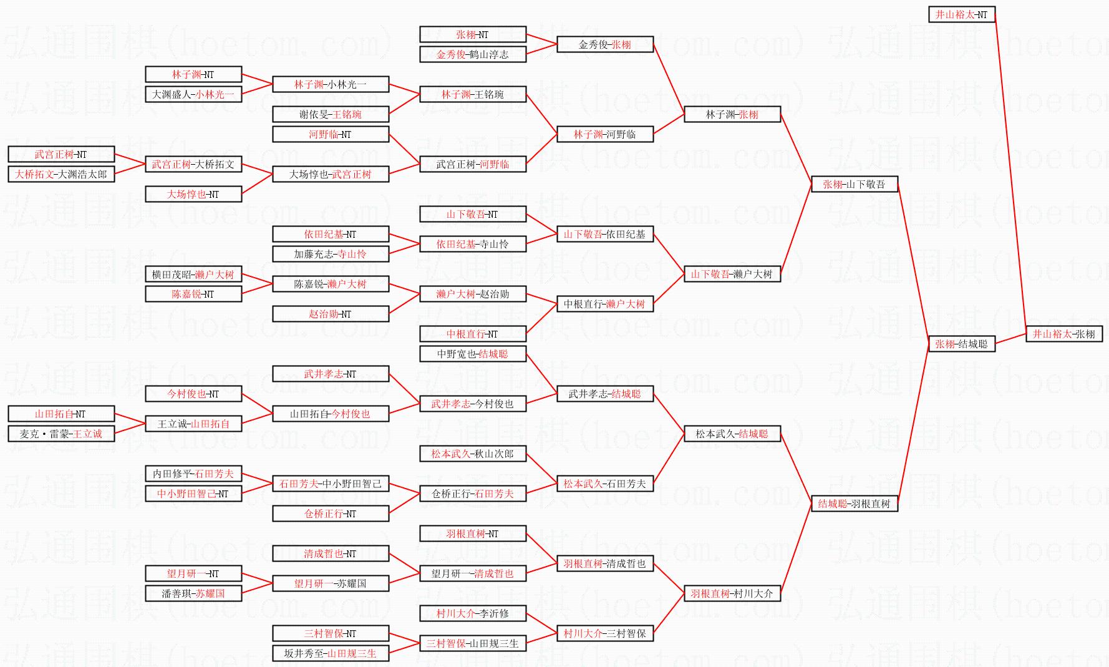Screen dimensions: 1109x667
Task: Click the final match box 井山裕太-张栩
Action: [x=1063, y=334]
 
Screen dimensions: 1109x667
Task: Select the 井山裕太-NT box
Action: [x=961, y=14]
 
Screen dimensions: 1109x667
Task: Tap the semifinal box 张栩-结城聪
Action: [x=961, y=344]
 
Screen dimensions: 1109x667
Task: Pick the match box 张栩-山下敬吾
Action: [x=854, y=184]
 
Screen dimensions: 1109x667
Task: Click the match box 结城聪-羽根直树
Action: [x=854, y=504]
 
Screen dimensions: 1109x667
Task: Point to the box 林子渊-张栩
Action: [x=732, y=114]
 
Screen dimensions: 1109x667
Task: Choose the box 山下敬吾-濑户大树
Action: [x=732, y=274]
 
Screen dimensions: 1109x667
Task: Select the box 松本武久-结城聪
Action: [x=732, y=434]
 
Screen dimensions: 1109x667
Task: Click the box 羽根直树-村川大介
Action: [x=732, y=593]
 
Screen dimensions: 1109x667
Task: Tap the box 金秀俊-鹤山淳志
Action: [x=472, y=54]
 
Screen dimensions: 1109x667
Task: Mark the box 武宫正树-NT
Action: [x=61, y=154]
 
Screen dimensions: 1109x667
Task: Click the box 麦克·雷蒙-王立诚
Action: [x=61, y=434]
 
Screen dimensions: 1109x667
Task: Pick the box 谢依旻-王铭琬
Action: [x=330, y=114]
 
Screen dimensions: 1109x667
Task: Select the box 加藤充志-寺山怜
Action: [x=330, y=254]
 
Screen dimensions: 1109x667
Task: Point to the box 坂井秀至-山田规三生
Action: [x=330, y=653]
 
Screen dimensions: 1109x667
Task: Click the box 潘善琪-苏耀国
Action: [x=193, y=593]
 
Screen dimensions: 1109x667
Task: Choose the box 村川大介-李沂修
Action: [x=472, y=613]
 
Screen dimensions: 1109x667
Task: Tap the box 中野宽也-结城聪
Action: [x=472, y=354]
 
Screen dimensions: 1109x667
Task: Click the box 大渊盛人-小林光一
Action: [x=193, y=94]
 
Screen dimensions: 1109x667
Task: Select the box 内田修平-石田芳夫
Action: [x=193, y=474]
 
